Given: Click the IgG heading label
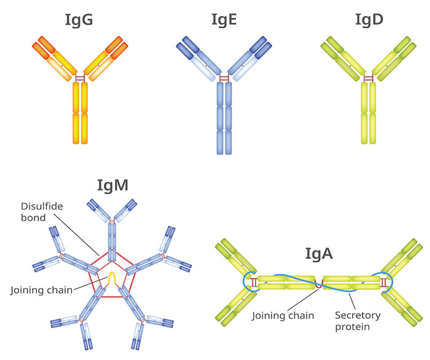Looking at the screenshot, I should [x=79, y=20].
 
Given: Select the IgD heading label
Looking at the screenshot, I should [x=369, y=20].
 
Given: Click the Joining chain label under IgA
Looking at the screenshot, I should [x=283, y=316].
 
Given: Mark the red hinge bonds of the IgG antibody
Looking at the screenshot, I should [x=80, y=79].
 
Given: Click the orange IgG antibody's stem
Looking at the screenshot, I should [x=80, y=114].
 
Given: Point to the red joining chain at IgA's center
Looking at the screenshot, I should [x=319, y=283].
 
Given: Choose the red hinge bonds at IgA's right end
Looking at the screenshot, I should [x=385, y=283].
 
